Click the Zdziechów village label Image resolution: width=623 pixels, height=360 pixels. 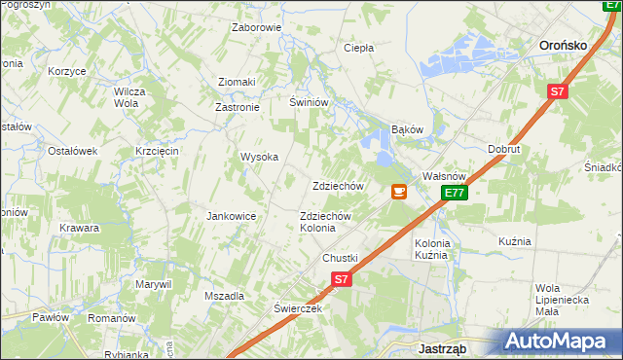point(338,186)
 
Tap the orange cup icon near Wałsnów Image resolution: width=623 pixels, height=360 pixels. point(398,192)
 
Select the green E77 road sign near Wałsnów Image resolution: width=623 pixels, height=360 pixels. point(455,194)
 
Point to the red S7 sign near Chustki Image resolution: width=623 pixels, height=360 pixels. point(341,279)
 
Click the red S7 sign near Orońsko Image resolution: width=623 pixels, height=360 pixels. point(556,92)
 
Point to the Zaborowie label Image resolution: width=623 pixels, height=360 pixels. point(256,27)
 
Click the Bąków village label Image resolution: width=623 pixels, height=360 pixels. point(408,128)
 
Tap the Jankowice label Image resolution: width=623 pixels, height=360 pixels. point(231,216)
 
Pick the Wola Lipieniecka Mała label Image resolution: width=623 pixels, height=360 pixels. point(562,299)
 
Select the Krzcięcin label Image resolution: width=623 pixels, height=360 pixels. point(157,151)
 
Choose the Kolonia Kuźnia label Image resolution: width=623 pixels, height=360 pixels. point(432,249)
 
